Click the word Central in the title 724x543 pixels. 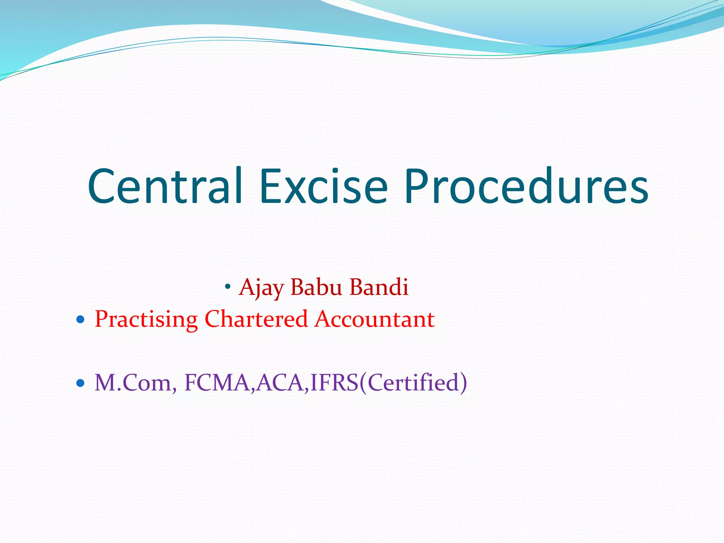coord(165,186)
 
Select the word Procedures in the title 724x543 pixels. coord(526,186)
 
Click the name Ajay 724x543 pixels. coord(261,287)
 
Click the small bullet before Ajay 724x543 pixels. coord(228,286)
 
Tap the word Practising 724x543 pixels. coord(146,319)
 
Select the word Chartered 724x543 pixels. coord(256,319)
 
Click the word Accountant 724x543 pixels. coord(375,319)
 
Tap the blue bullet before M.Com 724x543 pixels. coord(81,383)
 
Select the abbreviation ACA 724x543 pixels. coord(280,383)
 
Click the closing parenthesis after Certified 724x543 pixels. coord(463,383)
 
